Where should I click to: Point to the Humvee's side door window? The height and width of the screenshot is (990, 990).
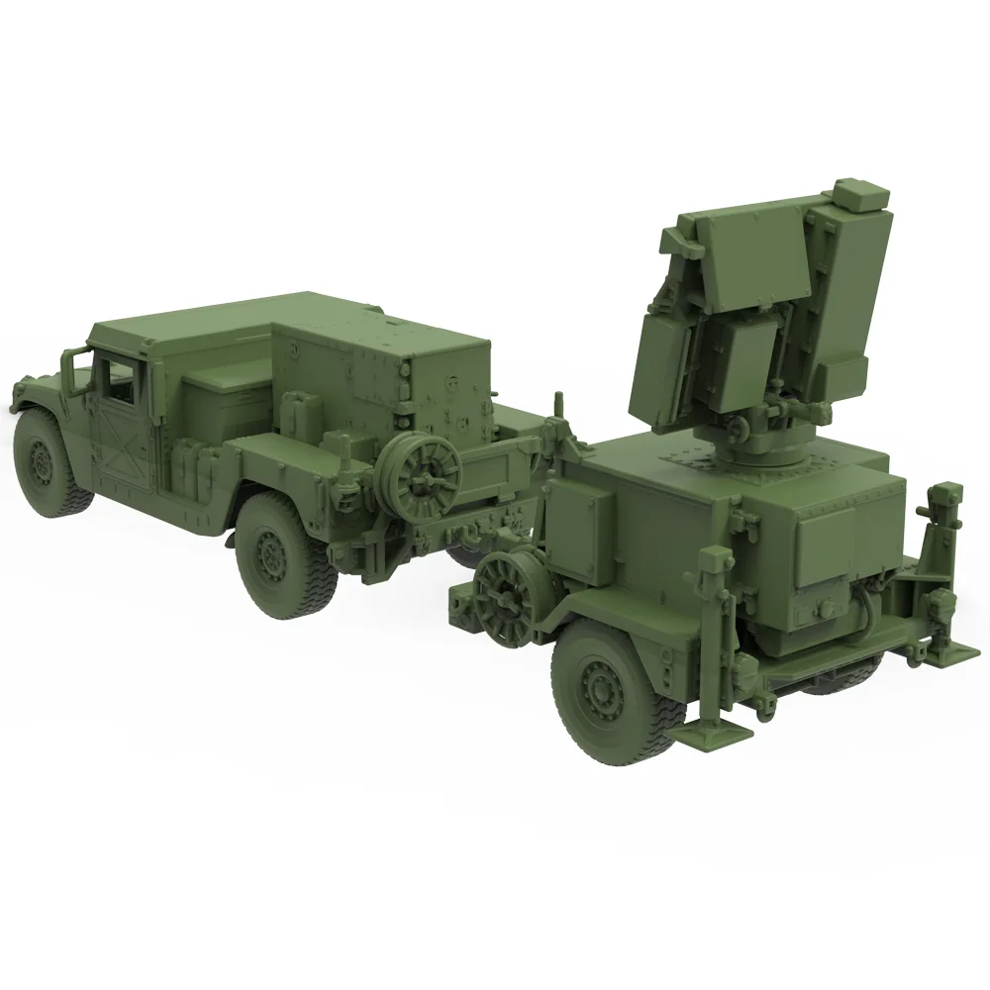[x=117, y=381]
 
